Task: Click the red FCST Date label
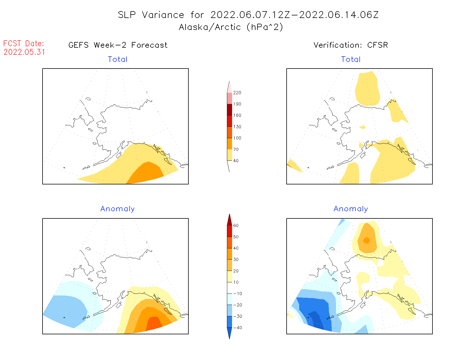[24, 43]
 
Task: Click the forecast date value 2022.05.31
[24, 52]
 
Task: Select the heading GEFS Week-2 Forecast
[118, 45]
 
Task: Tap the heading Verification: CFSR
[351, 45]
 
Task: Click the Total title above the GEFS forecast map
[118, 59]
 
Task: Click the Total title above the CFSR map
[351, 59]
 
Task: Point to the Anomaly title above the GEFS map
[117, 209]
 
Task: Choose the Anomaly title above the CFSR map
[351, 209]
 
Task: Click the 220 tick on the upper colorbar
[237, 93]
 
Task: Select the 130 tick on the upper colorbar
[237, 127]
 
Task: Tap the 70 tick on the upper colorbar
[236, 149]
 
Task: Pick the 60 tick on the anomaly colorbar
[236, 226]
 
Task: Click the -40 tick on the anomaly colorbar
[237, 328]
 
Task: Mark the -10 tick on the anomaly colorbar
[237, 293]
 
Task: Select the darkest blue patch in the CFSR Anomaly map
[315, 318]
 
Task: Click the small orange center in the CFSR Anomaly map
[367, 241]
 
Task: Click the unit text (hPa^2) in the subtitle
[265, 27]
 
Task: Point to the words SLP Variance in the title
[151, 15]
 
